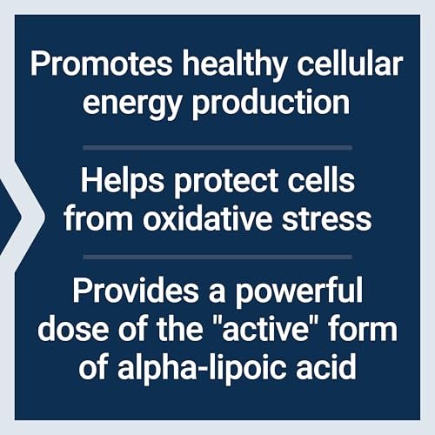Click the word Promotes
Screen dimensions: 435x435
click(x=101, y=64)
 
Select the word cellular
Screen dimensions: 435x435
click(x=350, y=64)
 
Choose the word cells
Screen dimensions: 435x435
click(x=321, y=180)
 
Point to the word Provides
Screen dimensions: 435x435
click(x=136, y=290)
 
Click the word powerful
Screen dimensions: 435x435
click(x=298, y=293)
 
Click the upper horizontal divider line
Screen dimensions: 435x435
click(x=217, y=148)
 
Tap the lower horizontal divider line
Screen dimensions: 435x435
click(x=217, y=258)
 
